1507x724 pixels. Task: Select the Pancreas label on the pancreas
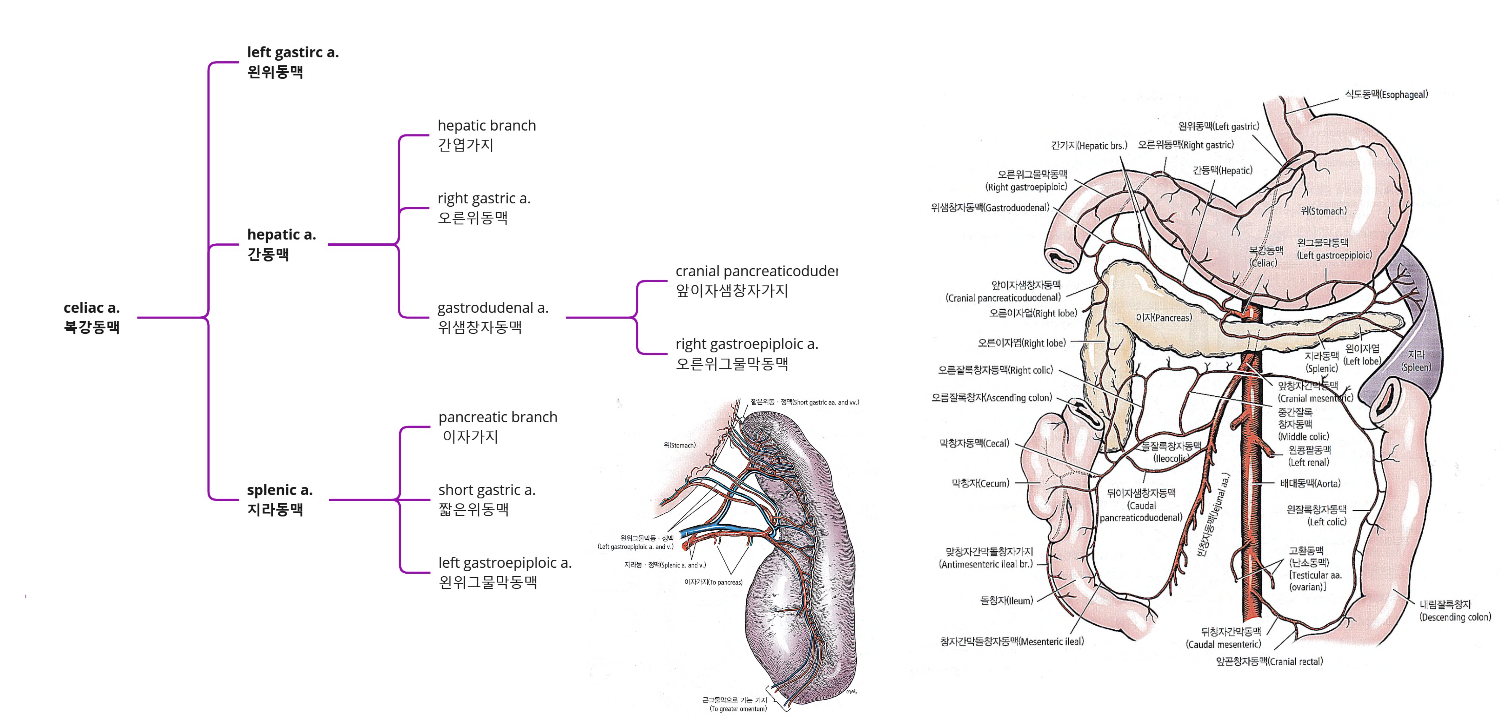[x=1163, y=318]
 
